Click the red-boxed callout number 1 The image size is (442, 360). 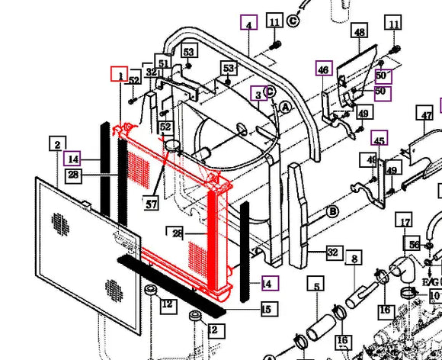120,74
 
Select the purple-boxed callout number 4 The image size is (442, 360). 248,24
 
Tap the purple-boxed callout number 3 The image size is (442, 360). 260,95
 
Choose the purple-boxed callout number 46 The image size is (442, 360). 324,69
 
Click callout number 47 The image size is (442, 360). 425,116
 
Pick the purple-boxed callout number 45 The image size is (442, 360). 379,139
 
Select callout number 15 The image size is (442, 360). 266,309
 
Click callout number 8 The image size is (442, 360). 354,260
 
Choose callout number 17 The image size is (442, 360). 405,223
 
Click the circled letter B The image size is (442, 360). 333,211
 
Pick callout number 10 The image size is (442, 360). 434,295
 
